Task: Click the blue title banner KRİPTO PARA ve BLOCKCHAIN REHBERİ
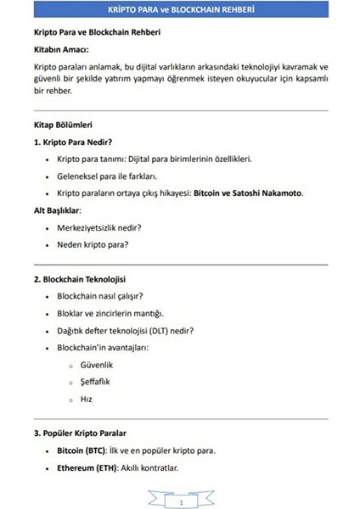click(x=180, y=11)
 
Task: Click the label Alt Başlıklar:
click(x=56, y=210)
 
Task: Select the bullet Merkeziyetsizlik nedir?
click(x=98, y=227)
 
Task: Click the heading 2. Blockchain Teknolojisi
click(x=82, y=278)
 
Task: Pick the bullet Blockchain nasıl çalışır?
click(x=99, y=296)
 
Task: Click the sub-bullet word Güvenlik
click(x=97, y=365)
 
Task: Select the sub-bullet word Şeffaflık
click(x=97, y=382)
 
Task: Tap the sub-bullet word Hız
click(x=87, y=399)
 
